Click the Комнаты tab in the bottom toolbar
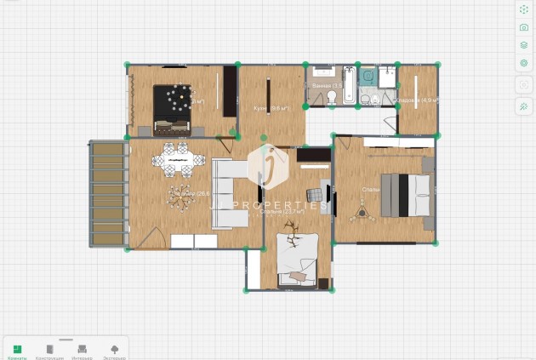click(x=17, y=350)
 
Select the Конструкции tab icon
click(x=49, y=350)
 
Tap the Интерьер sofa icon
click(x=82, y=350)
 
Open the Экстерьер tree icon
click(x=115, y=350)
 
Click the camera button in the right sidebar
click(x=524, y=27)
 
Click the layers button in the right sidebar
click(x=524, y=45)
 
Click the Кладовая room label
click(x=416, y=100)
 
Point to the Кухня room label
click(x=271, y=109)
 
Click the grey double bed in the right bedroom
click(x=404, y=195)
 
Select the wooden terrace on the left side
click(x=108, y=194)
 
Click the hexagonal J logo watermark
click(x=269, y=166)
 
